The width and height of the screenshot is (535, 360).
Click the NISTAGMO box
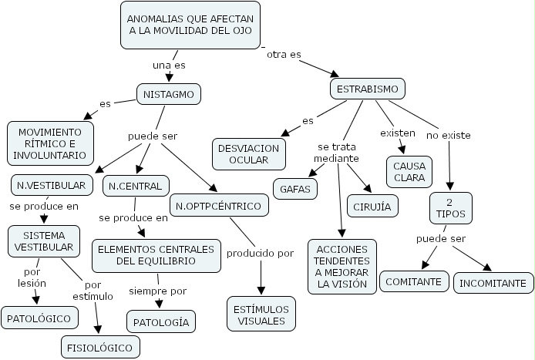[x=169, y=94]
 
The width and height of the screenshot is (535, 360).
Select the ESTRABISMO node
[x=368, y=89]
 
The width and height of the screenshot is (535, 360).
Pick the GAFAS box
[x=294, y=188]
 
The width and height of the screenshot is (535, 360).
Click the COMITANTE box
[x=415, y=281]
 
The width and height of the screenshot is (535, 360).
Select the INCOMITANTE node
[x=493, y=283]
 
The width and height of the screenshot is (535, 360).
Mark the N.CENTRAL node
[x=135, y=186]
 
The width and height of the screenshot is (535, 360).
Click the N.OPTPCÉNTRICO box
[x=220, y=206]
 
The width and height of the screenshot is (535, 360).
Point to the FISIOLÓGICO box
[x=101, y=347]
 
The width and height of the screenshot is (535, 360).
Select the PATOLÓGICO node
[x=40, y=317]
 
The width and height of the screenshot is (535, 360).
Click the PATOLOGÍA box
[x=161, y=321]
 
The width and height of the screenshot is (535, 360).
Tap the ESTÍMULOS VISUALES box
[x=261, y=315]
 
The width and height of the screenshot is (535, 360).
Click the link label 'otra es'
[x=284, y=56]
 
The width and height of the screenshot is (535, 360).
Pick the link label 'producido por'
[x=260, y=252]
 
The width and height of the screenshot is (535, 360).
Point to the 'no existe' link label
[x=449, y=135]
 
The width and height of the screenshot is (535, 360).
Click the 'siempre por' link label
[x=157, y=291]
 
